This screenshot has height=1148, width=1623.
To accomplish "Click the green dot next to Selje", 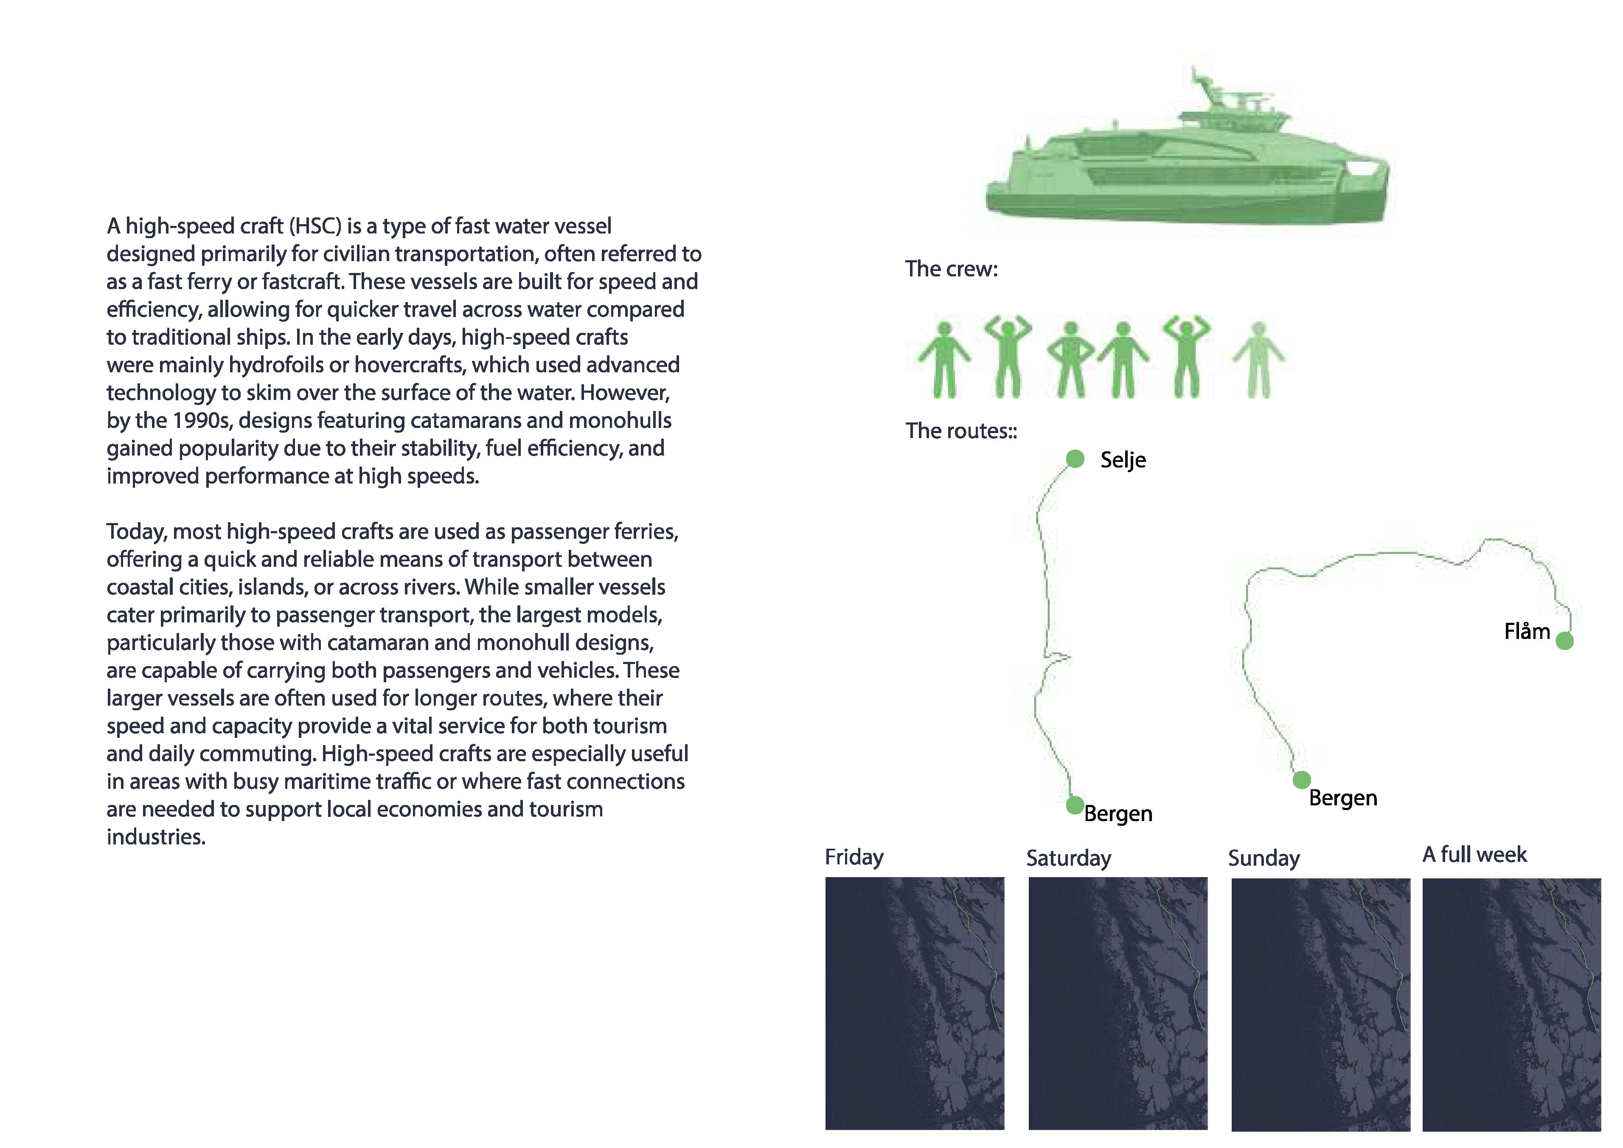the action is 1075,459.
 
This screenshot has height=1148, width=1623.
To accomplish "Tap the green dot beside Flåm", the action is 1565,641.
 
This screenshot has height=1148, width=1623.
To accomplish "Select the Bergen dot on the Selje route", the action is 1075,805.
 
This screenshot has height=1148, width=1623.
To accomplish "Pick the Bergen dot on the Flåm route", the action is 1302,780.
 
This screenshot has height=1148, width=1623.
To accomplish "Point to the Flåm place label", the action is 1527,631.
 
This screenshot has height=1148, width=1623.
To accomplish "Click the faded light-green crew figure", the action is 1259,360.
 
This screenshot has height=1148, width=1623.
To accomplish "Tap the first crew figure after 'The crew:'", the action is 944,360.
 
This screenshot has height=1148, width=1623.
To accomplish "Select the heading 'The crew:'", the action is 952,269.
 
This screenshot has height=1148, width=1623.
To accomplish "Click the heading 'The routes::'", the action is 961,430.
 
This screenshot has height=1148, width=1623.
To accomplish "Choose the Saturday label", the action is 1069,858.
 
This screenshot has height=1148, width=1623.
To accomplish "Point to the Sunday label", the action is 1264,858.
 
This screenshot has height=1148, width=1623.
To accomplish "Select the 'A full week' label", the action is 1474,855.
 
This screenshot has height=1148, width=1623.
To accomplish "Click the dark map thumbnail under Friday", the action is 915,1003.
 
